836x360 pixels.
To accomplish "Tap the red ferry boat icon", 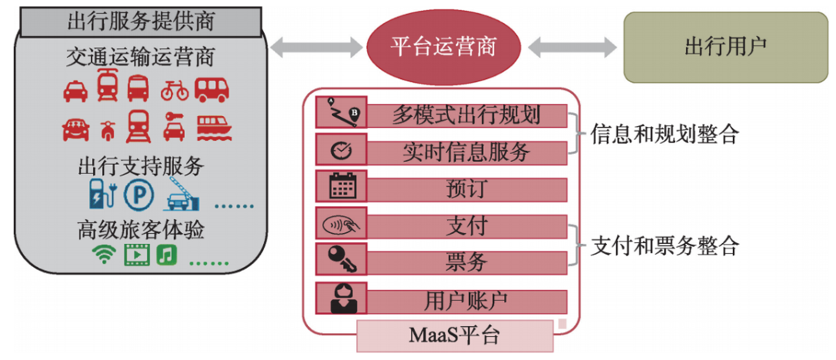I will coord(211,126).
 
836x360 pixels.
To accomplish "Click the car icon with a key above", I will coord(174,125).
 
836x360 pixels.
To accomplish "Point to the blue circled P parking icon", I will coord(139,194).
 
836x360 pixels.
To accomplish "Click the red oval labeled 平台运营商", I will coord(442,46).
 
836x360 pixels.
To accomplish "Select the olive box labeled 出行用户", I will coord(725,46).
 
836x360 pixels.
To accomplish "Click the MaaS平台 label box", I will coord(454,335).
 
